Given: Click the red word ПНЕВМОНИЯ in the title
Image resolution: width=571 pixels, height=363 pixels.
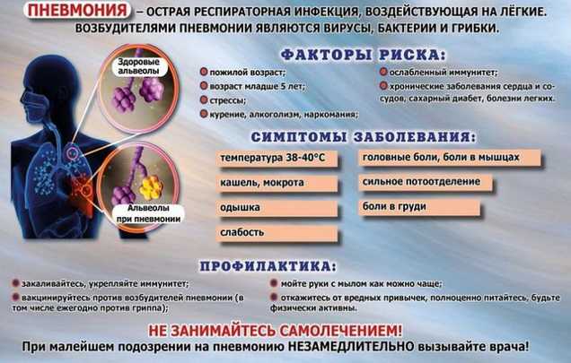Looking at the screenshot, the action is (x=77, y=11).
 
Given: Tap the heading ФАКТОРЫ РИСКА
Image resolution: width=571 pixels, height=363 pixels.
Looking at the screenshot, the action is (x=363, y=55).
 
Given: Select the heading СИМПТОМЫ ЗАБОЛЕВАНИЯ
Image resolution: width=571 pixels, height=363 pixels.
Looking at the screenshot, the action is (x=363, y=137).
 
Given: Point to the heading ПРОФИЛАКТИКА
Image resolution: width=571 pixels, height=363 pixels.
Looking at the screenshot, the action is (x=268, y=266).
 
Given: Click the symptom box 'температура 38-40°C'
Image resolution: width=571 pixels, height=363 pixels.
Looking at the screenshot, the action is (x=277, y=159).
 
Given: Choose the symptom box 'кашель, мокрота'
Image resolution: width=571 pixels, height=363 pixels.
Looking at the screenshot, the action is (x=277, y=184).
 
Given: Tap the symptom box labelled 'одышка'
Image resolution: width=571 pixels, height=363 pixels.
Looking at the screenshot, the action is (x=277, y=208).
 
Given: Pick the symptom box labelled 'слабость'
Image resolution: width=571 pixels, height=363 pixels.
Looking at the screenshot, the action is (x=277, y=233).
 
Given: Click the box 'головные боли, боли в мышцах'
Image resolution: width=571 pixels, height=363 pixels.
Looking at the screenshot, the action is (x=450, y=158).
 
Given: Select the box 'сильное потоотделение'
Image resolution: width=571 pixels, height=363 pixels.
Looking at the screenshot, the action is (x=426, y=182).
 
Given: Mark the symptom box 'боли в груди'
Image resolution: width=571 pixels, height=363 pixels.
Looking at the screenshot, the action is (x=419, y=207).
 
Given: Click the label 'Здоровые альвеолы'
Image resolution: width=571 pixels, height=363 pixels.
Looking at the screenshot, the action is (x=138, y=66).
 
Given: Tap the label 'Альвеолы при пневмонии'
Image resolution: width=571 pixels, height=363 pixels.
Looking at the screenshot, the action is (x=148, y=213).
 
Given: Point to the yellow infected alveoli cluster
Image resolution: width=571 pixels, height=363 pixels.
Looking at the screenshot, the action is (x=151, y=187).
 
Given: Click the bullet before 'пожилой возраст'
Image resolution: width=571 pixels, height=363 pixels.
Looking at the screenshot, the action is (x=204, y=72).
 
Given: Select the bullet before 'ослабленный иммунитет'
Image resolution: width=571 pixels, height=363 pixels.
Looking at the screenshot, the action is (x=383, y=72).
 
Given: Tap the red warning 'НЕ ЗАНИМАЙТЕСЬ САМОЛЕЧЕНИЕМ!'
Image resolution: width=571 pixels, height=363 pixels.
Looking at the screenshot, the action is (x=276, y=331).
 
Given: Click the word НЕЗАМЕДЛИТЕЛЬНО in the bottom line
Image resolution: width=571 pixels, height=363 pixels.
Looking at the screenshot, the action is (x=351, y=346).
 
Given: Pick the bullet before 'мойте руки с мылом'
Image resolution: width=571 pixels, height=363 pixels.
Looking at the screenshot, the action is (x=274, y=283).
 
